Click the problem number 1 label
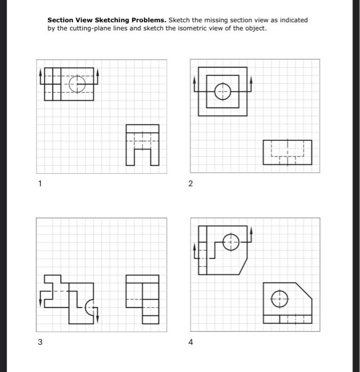pyautogui.click(x=39, y=183)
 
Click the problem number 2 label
pyautogui.click(x=191, y=183)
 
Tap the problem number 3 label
pyautogui.click(x=39, y=342)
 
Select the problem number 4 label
pyautogui.click(x=191, y=342)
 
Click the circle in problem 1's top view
pyautogui.click(x=78, y=83)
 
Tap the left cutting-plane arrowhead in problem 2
pyautogui.click(x=195, y=79)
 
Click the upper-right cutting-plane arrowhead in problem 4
pyautogui.click(x=252, y=231)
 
